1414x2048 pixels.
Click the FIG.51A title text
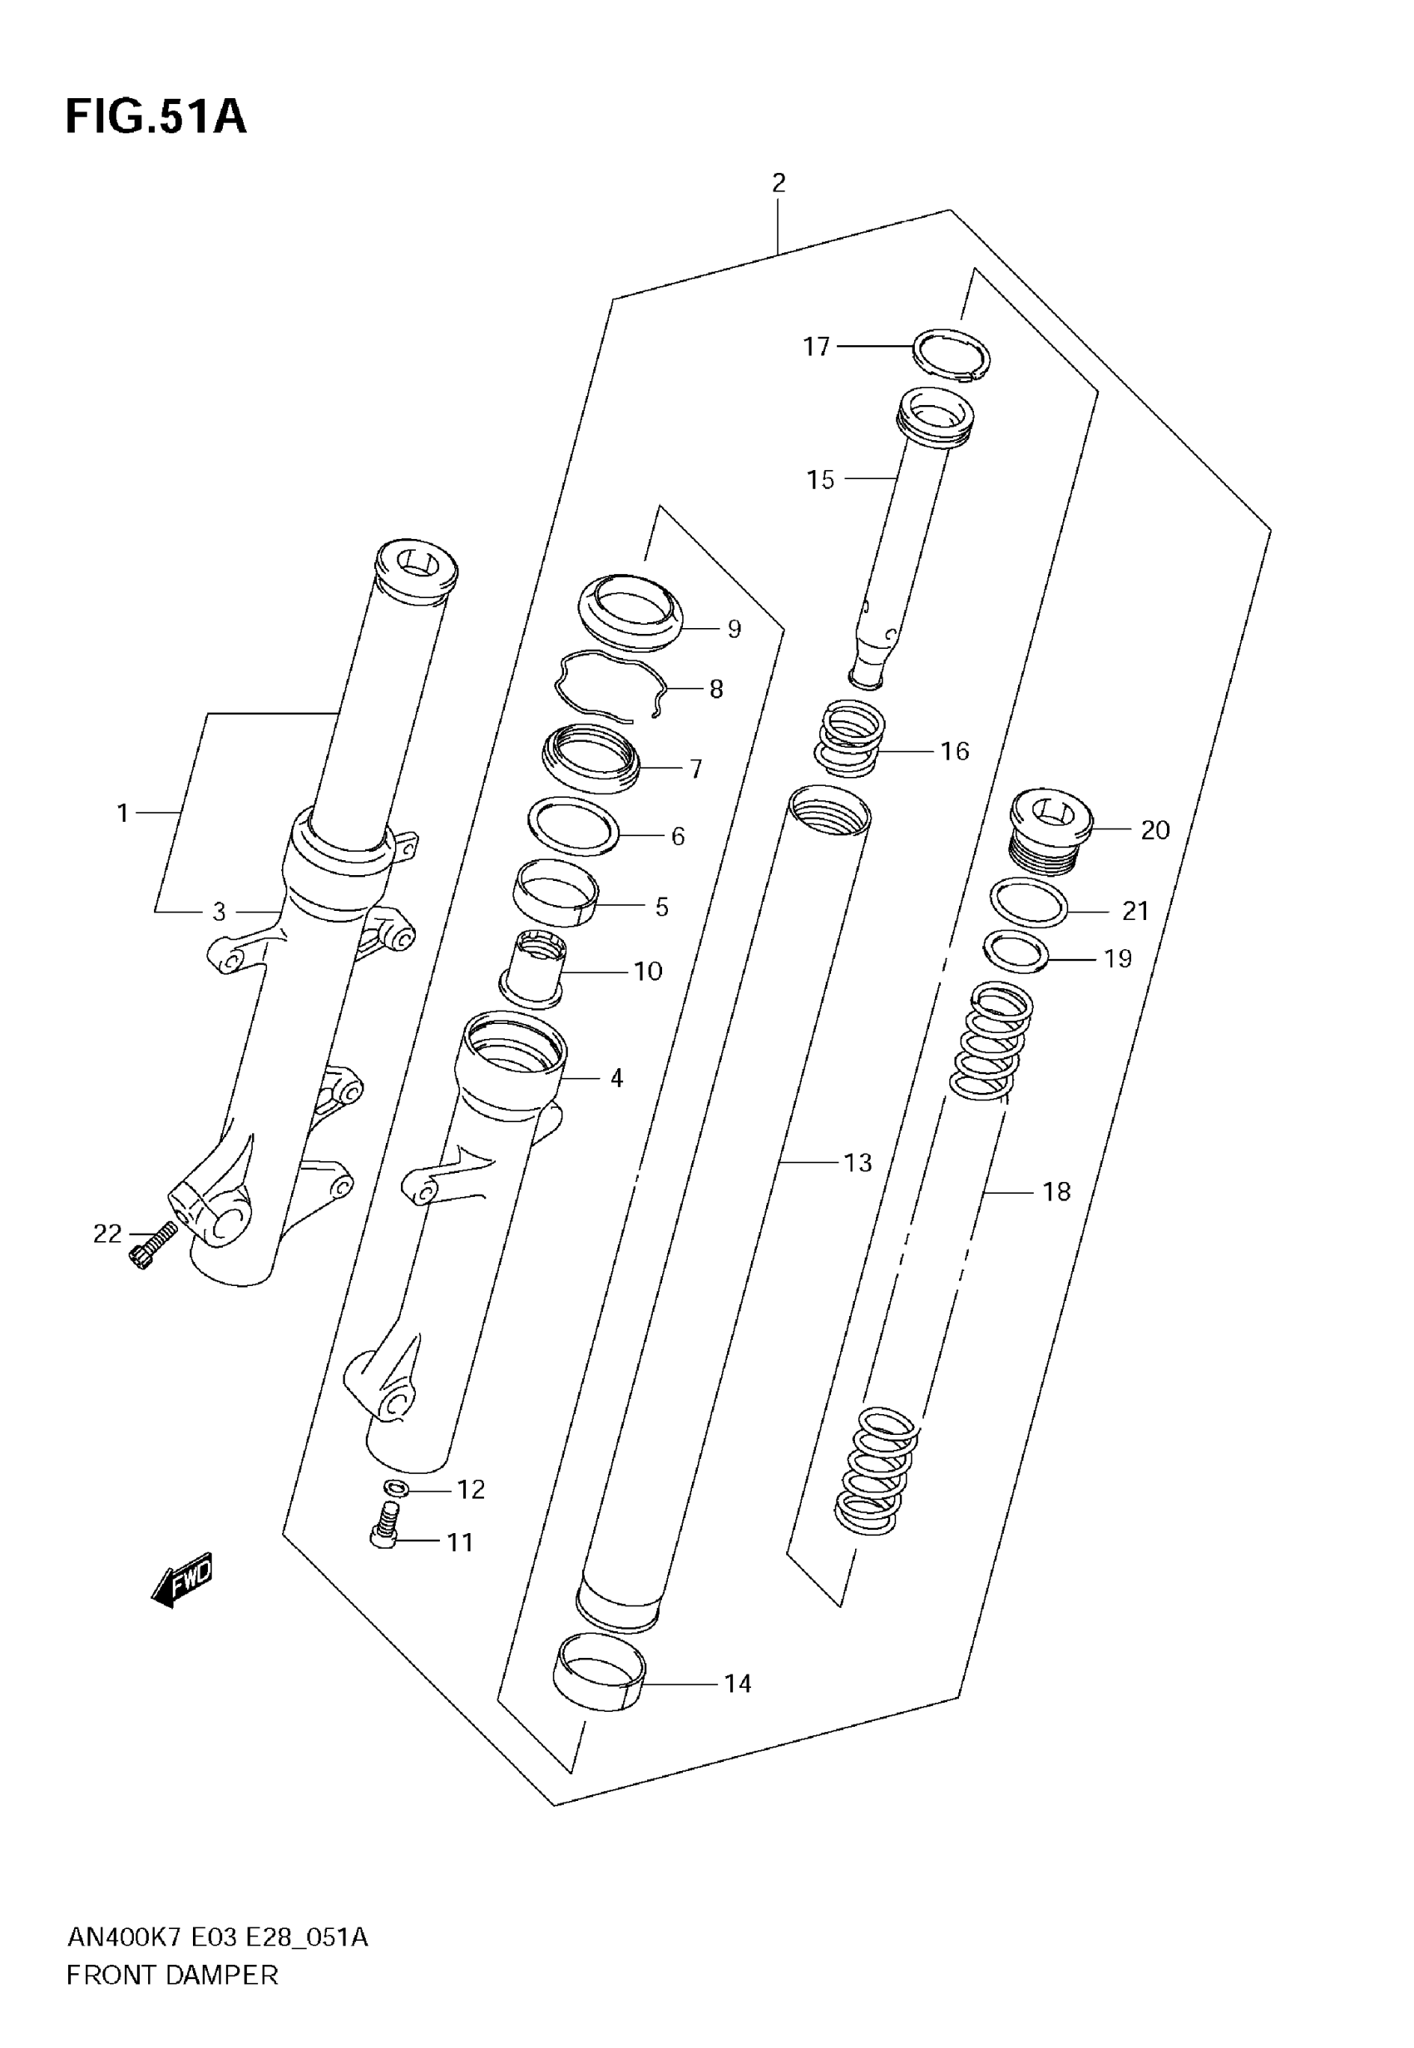click(x=156, y=117)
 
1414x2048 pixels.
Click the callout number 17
click(x=816, y=346)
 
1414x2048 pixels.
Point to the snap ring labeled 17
click(x=951, y=354)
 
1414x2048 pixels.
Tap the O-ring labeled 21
click(x=1029, y=903)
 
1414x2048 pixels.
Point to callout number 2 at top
click(x=778, y=183)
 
